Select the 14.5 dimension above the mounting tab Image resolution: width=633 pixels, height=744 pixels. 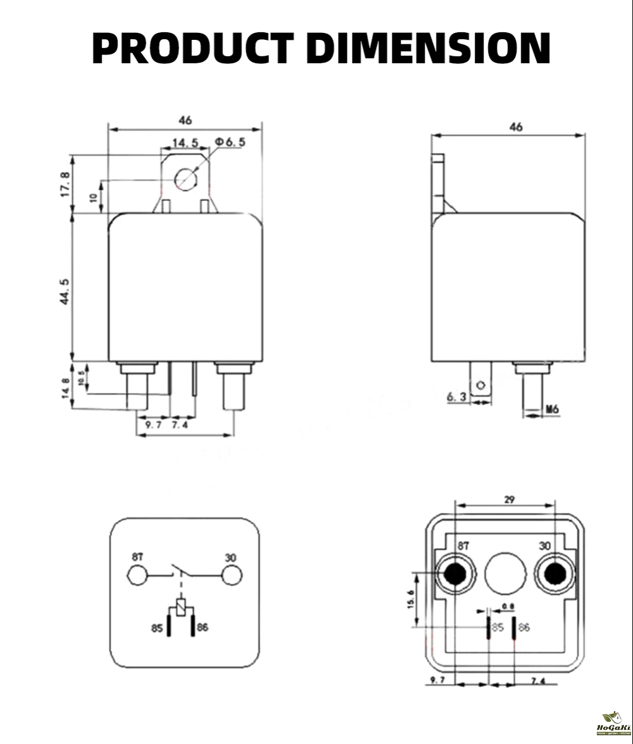coord(185,143)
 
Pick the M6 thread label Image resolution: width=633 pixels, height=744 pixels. coord(552,409)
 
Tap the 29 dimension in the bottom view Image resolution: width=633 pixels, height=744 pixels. coord(510,500)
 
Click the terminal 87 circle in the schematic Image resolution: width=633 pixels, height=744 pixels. coord(137,575)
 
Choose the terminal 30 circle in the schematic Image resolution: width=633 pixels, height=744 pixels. coord(232,575)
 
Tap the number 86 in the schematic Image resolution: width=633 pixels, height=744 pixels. coord(203,628)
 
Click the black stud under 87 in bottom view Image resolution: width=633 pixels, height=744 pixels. coord(455,574)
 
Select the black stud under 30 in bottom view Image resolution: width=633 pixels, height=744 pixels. coord(555,574)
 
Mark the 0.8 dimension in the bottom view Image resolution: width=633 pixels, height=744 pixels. coord(508,607)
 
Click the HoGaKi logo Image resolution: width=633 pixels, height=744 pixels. coord(612,721)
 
